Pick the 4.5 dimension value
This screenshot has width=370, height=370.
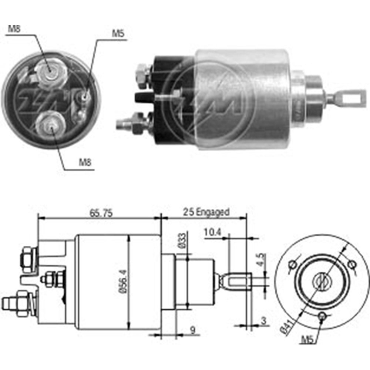261,258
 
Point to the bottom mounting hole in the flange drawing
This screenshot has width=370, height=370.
322,315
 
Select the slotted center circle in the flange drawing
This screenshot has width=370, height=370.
320,282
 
